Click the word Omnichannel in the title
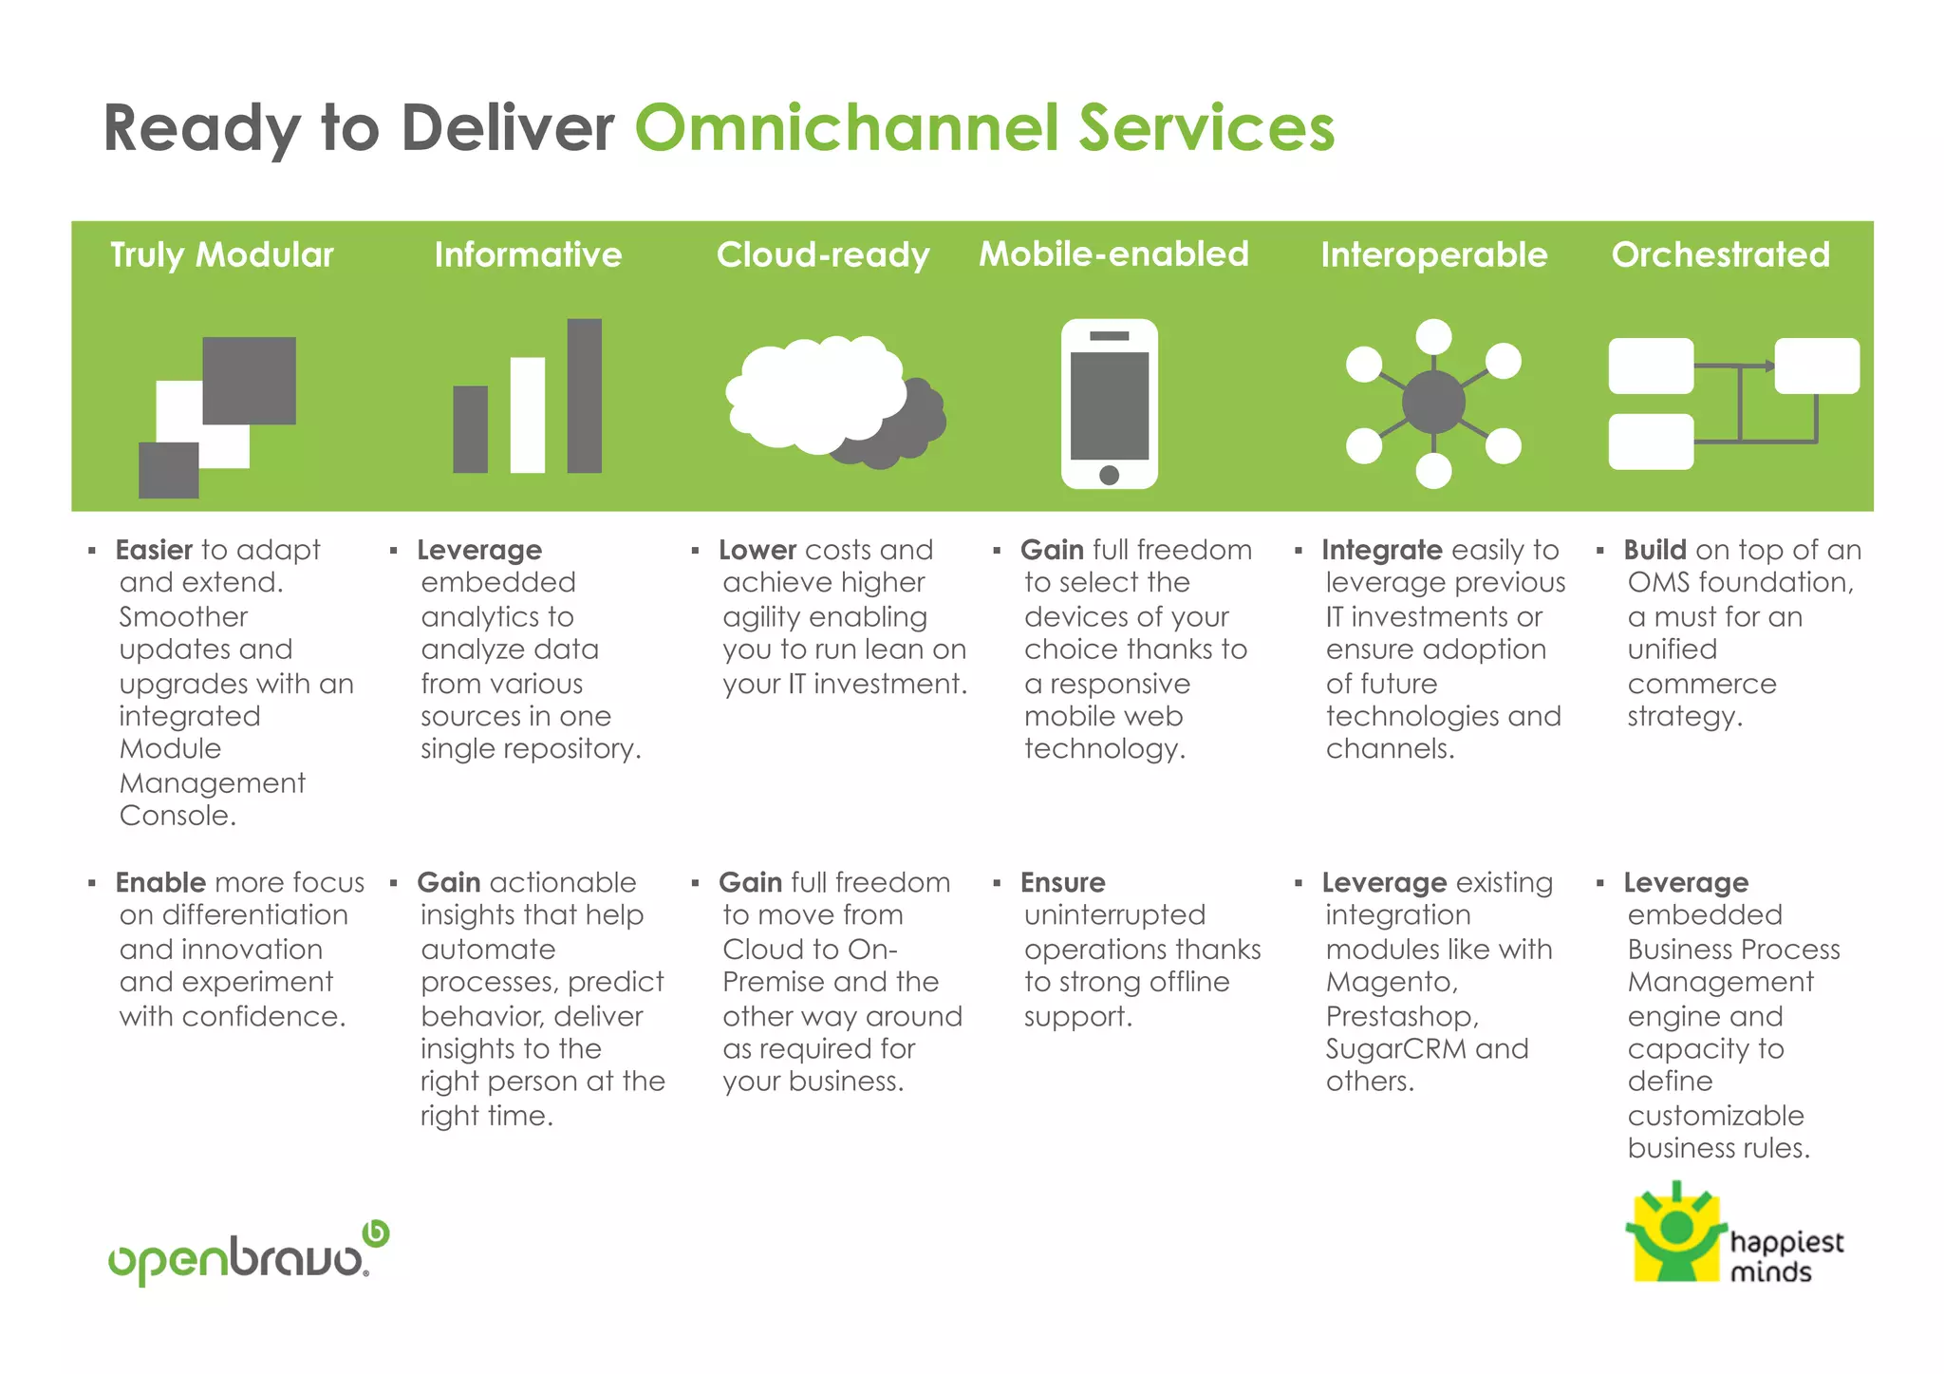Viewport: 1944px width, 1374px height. pyautogui.click(x=847, y=129)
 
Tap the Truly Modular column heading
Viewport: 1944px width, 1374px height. pyautogui.click(x=221, y=254)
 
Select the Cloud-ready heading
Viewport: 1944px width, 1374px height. pyautogui.click(x=822, y=254)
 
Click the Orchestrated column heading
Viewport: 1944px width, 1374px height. pyautogui.click(x=1720, y=254)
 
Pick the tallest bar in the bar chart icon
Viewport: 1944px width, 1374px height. pyautogui.click(x=584, y=395)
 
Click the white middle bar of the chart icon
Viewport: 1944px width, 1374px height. pyautogui.click(x=527, y=414)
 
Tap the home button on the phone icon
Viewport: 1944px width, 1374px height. pyautogui.click(x=1109, y=474)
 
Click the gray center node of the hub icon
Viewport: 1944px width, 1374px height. pyautogui.click(x=1433, y=402)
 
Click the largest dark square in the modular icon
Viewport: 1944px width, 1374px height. pyautogui.click(x=250, y=380)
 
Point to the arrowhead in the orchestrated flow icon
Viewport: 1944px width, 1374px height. pyautogui.click(x=1769, y=366)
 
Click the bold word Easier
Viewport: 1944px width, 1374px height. pyautogui.click(x=154, y=550)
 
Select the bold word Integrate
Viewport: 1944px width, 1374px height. pyautogui.click(x=1381, y=550)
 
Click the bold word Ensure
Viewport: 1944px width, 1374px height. pyautogui.click(x=1062, y=882)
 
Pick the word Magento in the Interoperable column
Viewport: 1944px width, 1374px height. pyautogui.click(x=1391, y=982)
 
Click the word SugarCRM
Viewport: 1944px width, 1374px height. pyautogui.click(x=1396, y=1048)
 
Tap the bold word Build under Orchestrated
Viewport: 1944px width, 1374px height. pyautogui.click(x=1654, y=550)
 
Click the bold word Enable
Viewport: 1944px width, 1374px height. pyautogui.click(x=160, y=882)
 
